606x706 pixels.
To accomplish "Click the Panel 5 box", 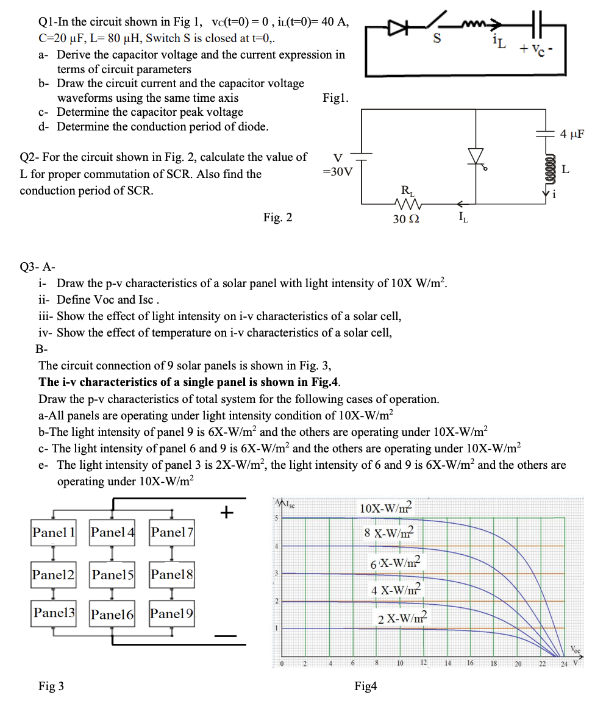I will point(112,574).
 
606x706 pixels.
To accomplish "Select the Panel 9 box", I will point(172,613).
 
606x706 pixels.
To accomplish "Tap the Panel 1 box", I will point(54,532).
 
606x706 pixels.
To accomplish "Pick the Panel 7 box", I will point(172,532).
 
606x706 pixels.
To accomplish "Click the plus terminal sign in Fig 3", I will point(227,512).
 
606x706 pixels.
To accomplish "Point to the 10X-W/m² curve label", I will point(386,508).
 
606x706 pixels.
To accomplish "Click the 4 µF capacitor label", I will point(572,134).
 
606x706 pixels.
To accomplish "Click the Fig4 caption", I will point(365,686).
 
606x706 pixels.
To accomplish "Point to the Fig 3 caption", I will point(51,686).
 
